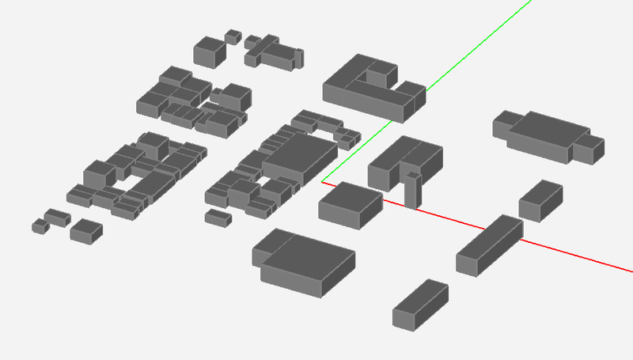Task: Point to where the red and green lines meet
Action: tap(322, 183)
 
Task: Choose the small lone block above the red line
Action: tap(540, 200)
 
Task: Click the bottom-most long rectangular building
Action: tap(420, 304)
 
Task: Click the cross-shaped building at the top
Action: tap(273, 52)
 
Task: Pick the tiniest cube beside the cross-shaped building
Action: tap(233, 36)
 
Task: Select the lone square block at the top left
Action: tap(209, 50)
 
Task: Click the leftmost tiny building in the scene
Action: tap(40, 226)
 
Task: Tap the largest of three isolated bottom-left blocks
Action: tap(85, 230)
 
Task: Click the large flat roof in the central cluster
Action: tap(299, 153)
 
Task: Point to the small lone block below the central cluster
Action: tap(218, 216)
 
